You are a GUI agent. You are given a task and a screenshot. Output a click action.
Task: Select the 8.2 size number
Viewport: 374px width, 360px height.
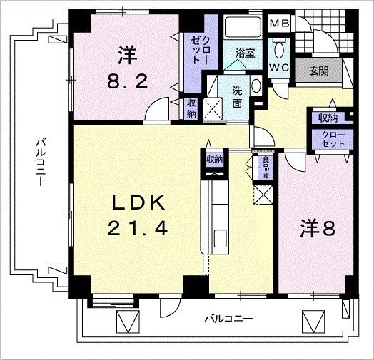(128, 81)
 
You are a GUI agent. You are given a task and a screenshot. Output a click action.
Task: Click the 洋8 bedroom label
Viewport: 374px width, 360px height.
(317, 230)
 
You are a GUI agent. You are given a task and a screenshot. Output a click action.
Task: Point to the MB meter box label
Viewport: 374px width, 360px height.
(278, 24)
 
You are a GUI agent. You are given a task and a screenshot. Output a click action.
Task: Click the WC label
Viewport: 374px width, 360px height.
(278, 69)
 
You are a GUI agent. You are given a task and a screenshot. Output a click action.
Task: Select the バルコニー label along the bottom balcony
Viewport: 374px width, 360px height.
(228, 318)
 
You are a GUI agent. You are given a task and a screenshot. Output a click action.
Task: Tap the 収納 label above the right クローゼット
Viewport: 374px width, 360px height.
(328, 118)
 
